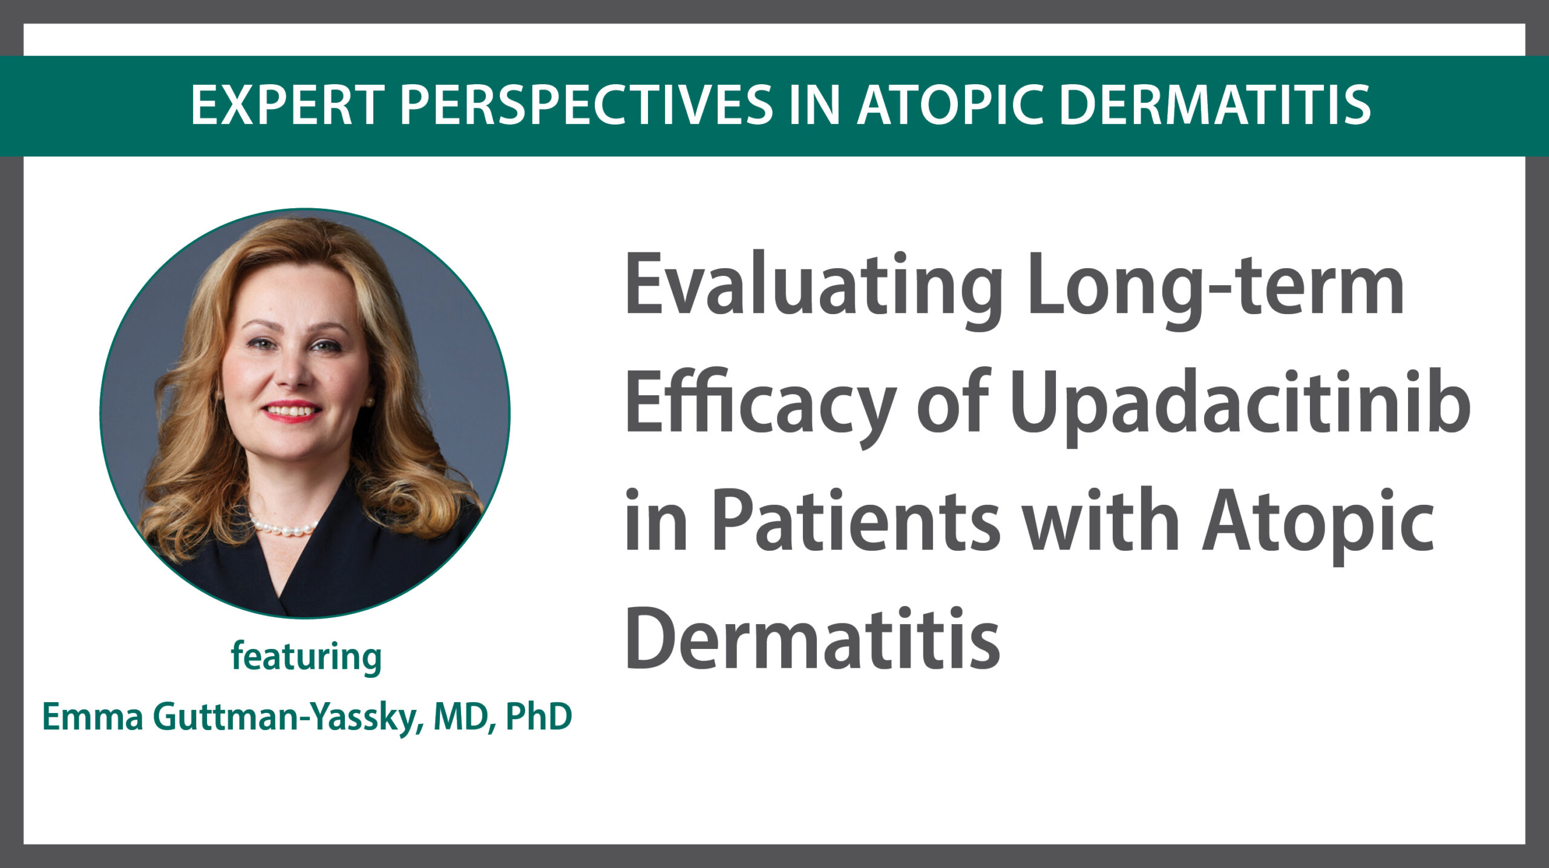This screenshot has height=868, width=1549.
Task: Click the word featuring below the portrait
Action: coord(306,657)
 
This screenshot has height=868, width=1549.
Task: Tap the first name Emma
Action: coord(93,717)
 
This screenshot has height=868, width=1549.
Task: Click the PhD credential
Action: coord(539,717)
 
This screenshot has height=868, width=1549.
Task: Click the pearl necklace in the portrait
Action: coord(284,527)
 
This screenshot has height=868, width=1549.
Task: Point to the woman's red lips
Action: coord(291,410)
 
